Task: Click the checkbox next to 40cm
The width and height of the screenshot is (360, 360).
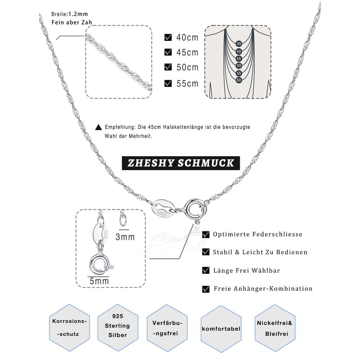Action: tap(168, 37)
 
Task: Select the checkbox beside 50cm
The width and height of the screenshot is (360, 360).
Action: tap(168, 67)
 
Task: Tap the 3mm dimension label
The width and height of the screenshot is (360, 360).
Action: tap(126, 236)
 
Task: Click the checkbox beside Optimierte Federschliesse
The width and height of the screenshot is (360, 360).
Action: tap(206, 234)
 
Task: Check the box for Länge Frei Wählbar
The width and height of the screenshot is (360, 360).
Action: tap(206, 270)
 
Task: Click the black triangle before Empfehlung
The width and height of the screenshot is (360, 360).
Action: tap(99, 127)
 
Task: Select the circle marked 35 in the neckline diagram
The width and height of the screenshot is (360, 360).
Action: tap(239, 43)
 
